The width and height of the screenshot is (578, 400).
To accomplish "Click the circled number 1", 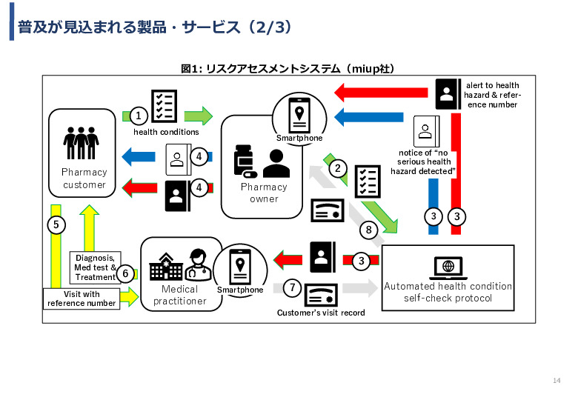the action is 139,116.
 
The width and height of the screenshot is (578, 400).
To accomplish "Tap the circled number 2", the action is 338,168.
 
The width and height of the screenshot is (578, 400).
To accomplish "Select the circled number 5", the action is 56,224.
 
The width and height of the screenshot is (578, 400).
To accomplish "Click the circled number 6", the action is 125,273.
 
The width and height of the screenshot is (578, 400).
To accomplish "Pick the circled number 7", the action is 292,287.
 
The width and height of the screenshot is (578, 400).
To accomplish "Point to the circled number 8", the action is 368,230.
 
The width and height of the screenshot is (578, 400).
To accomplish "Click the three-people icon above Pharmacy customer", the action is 81,143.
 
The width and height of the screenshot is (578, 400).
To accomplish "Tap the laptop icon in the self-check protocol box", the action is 448,268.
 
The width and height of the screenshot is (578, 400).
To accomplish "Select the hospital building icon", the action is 166,267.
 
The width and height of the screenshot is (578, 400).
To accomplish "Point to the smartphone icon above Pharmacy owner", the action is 299,116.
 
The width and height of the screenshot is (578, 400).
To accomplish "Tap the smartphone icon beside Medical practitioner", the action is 240,267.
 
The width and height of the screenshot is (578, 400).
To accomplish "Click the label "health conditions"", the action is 166,132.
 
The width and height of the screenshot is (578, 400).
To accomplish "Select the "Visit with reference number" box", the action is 82,299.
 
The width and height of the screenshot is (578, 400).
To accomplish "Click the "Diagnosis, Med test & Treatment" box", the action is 95,267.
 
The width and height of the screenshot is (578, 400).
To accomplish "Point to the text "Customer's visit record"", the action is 321,313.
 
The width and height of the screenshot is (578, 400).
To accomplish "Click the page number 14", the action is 557,381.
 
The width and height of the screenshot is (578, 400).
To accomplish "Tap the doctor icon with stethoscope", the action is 198,265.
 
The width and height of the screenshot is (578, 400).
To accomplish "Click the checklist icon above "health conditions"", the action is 164,106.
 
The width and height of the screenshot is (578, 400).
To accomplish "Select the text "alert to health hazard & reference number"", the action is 493,95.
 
